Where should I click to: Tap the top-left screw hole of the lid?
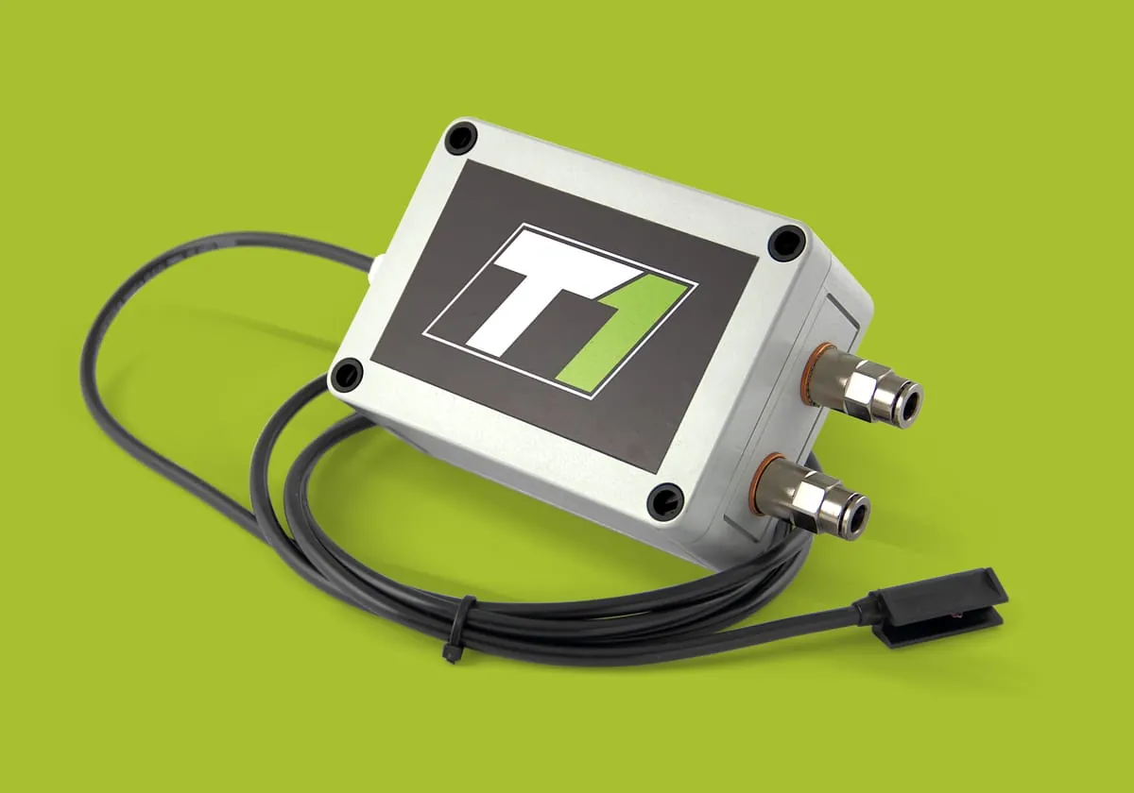pos(461,137)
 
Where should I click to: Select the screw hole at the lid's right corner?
pos(786,243)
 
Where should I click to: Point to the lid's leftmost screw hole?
pos(346,374)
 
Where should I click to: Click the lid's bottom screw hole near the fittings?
pos(666,499)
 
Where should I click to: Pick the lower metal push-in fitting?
pos(810,497)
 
